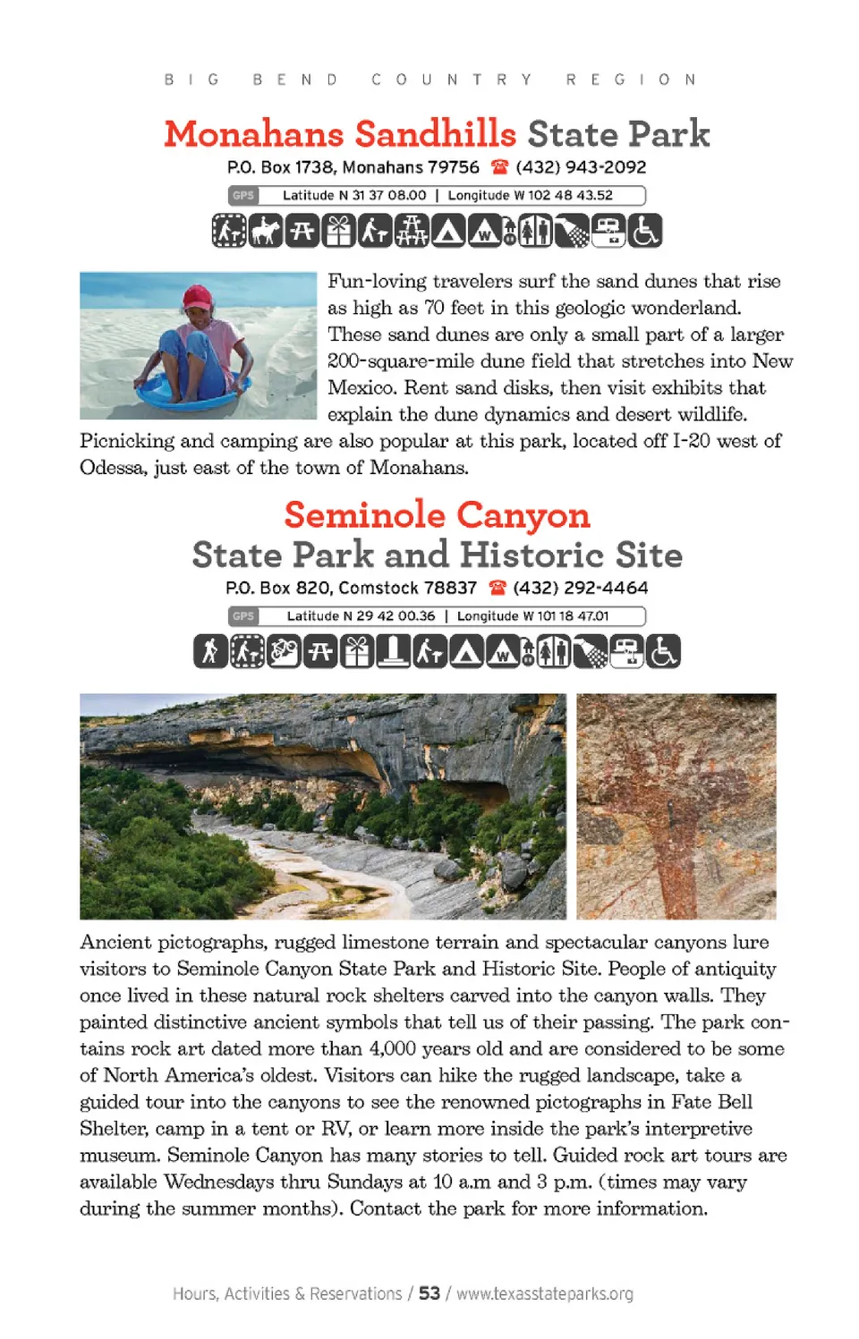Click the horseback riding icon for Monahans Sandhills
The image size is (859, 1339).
click(265, 231)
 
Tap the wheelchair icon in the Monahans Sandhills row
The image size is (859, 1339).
click(644, 231)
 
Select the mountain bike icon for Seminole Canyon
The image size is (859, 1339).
click(283, 651)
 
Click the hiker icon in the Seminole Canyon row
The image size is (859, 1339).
click(210, 651)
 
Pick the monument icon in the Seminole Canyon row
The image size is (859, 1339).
click(393, 651)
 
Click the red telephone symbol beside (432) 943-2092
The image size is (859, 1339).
click(499, 167)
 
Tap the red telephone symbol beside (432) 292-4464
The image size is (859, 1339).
click(498, 588)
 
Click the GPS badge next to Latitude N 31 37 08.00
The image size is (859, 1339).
click(243, 195)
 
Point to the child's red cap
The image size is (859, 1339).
click(198, 297)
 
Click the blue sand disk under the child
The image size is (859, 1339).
click(192, 392)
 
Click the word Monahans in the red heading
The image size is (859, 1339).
click(254, 134)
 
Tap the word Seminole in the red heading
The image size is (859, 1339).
click(364, 515)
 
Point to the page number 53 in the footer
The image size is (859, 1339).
click(429, 1293)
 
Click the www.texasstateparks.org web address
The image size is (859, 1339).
click(545, 1293)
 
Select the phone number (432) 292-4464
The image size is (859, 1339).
click(580, 588)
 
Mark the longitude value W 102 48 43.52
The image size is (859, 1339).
click(563, 195)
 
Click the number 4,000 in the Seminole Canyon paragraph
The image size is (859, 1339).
click(392, 1048)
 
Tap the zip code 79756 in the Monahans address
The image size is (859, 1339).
click(454, 167)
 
